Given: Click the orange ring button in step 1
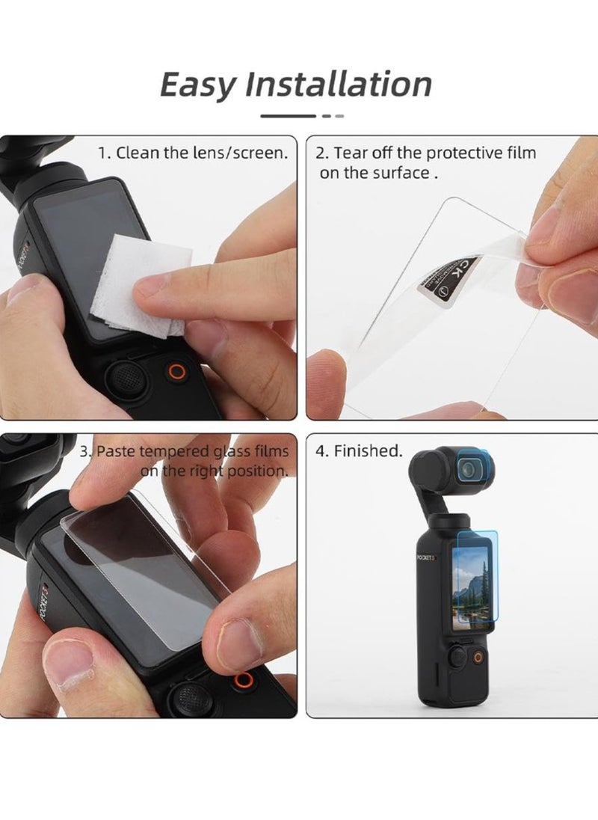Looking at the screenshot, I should click(x=177, y=372).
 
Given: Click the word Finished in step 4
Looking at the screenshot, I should click(x=368, y=451).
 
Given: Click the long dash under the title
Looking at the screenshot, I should click(x=288, y=116).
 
